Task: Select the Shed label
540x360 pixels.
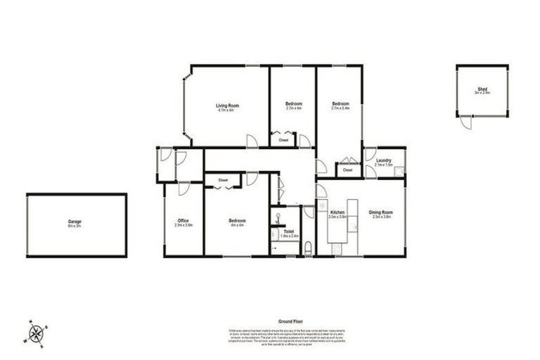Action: click(482, 89)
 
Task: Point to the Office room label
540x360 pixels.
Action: click(183, 221)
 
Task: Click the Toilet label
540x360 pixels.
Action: click(290, 230)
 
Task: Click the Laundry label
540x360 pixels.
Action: click(383, 161)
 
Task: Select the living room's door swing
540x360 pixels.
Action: click(252, 140)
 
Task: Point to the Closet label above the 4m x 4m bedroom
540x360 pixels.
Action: click(223, 181)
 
